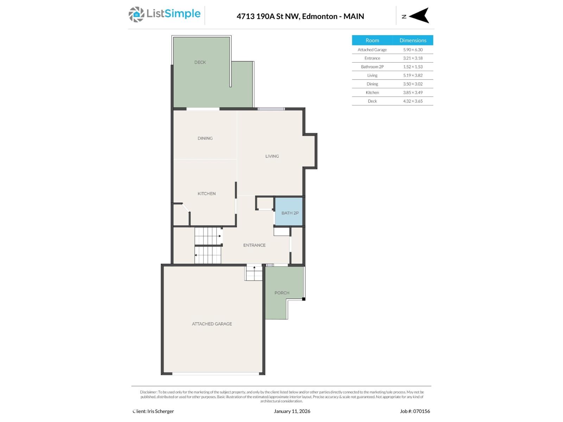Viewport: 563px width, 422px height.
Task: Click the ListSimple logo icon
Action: pyautogui.click(x=136, y=14)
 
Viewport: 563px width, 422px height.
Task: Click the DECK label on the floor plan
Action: pyautogui.click(x=200, y=62)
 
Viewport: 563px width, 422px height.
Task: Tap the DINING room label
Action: pyautogui.click(x=205, y=138)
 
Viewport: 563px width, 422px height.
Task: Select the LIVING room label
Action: pyautogui.click(x=272, y=156)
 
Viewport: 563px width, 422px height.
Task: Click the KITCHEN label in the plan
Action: pyautogui.click(x=207, y=194)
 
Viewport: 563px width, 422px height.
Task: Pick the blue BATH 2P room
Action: pyautogui.click(x=289, y=212)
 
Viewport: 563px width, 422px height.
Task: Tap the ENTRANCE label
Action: pyautogui.click(x=254, y=245)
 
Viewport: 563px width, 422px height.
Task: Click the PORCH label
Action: pyautogui.click(x=281, y=293)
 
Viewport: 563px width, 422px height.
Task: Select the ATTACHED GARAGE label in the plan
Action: pyautogui.click(x=212, y=324)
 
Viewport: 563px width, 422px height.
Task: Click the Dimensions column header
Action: pyautogui.click(x=413, y=40)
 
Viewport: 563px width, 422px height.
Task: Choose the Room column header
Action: pyautogui.click(x=372, y=40)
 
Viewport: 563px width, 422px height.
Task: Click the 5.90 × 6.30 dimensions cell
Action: pyautogui.click(x=413, y=50)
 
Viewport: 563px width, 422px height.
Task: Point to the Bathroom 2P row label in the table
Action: pyautogui.click(x=372, y=67)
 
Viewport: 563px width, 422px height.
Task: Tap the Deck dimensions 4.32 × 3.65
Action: pyautogui.click(x=413, y=101)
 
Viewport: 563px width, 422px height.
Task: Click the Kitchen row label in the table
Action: pyautogui.click(x=372, y=92)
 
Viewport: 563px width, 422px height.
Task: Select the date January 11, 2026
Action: pyautogui.click(x=292, y=411)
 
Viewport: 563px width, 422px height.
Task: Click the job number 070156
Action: pyautogui.click(x=422, y=411)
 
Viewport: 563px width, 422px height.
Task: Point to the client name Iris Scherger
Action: pyautogui.click(x=160, y=411)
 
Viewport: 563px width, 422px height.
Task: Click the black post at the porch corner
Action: pyautogui.click(x=304, y=299)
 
